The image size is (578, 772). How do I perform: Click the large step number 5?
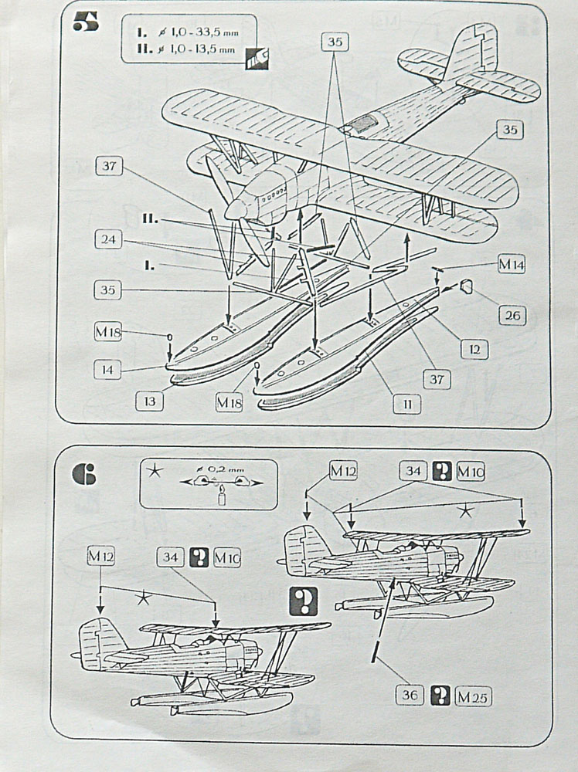coord(85,22)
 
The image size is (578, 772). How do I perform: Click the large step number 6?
coord(83,473)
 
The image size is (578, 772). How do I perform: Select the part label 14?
coord(108,371)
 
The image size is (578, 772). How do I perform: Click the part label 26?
coord(512,315)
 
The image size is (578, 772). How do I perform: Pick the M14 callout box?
coord(511,265)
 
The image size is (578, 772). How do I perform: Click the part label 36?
coord(412,695)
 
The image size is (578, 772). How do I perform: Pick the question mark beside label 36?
coord(441,695)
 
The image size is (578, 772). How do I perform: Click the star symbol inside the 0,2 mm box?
coord(155,474)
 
